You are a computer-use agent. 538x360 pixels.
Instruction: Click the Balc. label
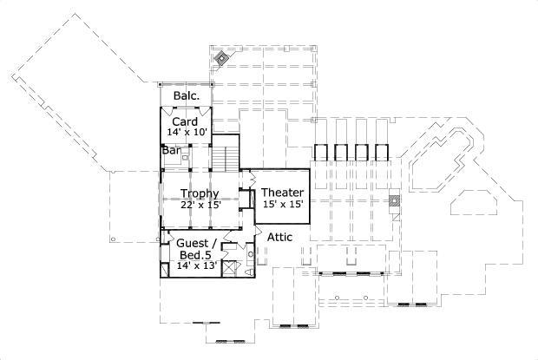pos(187,95)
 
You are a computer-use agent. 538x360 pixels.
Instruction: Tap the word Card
pos(184,121)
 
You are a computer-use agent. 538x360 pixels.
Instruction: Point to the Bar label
pos(170,149)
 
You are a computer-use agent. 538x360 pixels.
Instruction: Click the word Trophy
pos(199,193)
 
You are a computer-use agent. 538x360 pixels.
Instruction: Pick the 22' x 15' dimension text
pos(200,206)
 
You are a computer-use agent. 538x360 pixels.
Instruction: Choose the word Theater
pos(282,192)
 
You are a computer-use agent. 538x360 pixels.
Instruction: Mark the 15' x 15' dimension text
pos(282,204)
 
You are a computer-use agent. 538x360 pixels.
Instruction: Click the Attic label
pos(279,236)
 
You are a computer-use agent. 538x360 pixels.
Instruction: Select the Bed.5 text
pos(194,256)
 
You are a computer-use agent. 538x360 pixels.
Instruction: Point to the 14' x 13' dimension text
pos(196,266)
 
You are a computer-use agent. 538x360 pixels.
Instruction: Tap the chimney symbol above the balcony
pos(222,59)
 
